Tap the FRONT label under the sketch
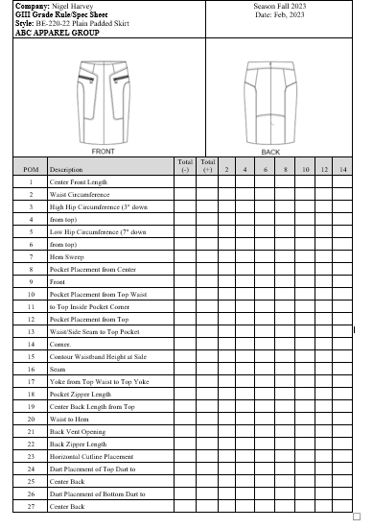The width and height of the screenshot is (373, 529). pyautogui.click(x=105, y=152)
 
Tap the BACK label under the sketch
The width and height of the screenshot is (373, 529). pyautogui.click(x=269, y=152)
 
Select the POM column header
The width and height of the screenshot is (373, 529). pyautogui.click(x=31, y=170)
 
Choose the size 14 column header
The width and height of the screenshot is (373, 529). pyautogui.click(x=342, y=170)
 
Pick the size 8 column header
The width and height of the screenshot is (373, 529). pyautogui.click(x=285, y=170)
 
